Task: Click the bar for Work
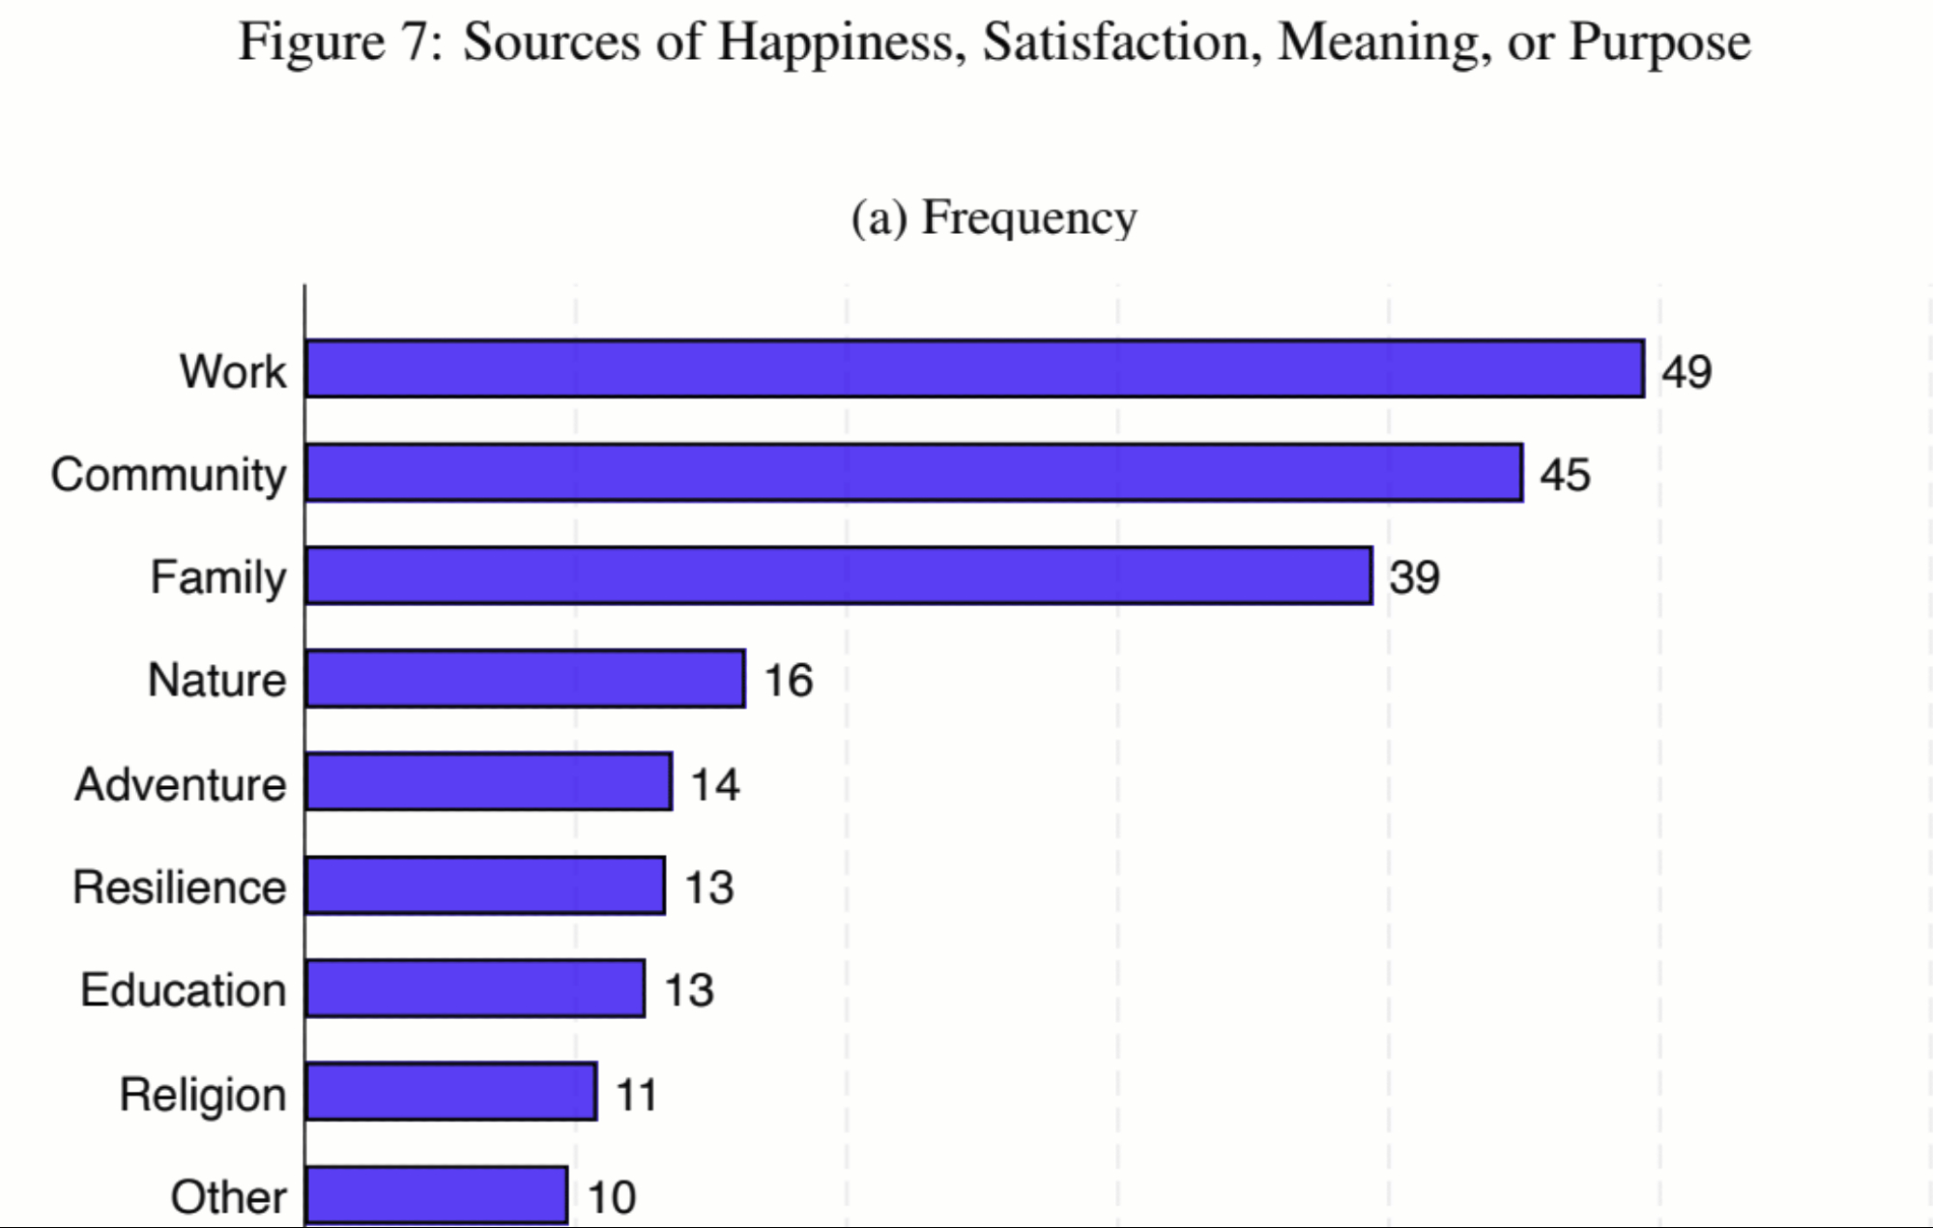point(974,368)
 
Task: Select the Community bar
point(913,473)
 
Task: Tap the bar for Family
point(839,575)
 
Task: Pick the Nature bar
point(525,679)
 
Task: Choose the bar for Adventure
point(488,781)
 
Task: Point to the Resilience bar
point(485,885)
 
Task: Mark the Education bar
point(475,988)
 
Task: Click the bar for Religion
point(450,1092)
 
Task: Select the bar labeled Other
point(436,1195)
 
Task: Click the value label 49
point(1687,371)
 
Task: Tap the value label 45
point(1565,475)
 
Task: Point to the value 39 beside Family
point(1414,577)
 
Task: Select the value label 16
point(788,681)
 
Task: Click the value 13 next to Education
point(688,990)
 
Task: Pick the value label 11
point(636,1095)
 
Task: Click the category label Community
point(169,475)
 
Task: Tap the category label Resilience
point(180,887)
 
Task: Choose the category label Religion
point(203,1095)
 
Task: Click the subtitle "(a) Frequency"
point(994,218)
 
